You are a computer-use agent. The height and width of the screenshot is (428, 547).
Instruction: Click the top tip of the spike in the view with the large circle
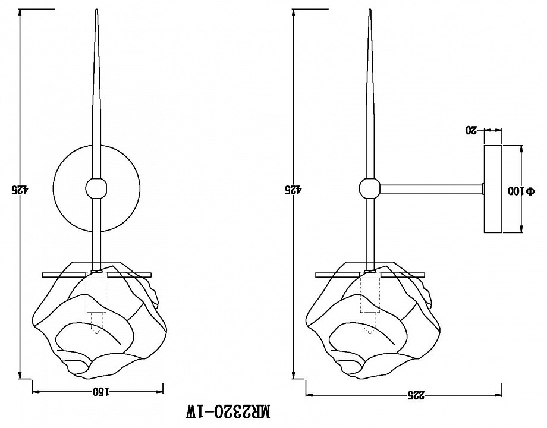point(96,10)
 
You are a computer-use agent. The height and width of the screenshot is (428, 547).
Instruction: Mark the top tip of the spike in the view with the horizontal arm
point(370,10)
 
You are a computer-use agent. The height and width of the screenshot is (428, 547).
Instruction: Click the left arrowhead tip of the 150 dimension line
point(32,391)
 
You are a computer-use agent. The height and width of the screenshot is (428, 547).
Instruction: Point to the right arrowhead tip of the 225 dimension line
point(502,395)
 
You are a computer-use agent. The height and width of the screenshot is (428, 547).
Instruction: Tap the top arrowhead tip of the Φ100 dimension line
point(521,146)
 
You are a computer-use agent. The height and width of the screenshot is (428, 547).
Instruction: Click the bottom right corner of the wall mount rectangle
point(502,233)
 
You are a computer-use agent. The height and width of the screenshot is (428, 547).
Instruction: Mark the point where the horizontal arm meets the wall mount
point(484,188)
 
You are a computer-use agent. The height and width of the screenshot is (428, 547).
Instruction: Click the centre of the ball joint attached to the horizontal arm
point(369,188)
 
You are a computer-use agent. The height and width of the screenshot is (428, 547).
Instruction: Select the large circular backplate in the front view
point(96,188)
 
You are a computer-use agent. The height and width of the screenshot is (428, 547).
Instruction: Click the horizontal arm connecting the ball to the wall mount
point(431,188)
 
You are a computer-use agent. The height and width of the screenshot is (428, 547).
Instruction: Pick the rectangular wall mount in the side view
point(493,190)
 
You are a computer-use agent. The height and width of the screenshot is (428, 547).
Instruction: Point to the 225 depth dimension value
point(416,395)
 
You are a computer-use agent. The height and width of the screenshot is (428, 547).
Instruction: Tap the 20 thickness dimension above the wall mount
point(471,130)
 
